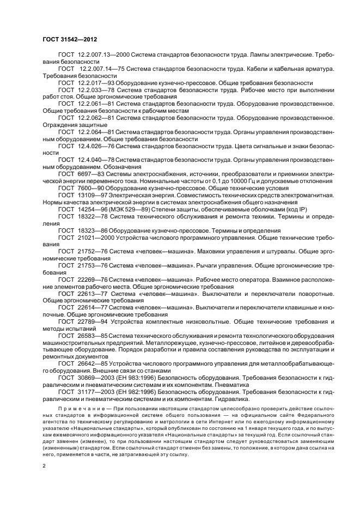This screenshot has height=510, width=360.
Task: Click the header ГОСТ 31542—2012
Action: [x=66, y=40]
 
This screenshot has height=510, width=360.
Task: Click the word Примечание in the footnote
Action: [x=77, y=408]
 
